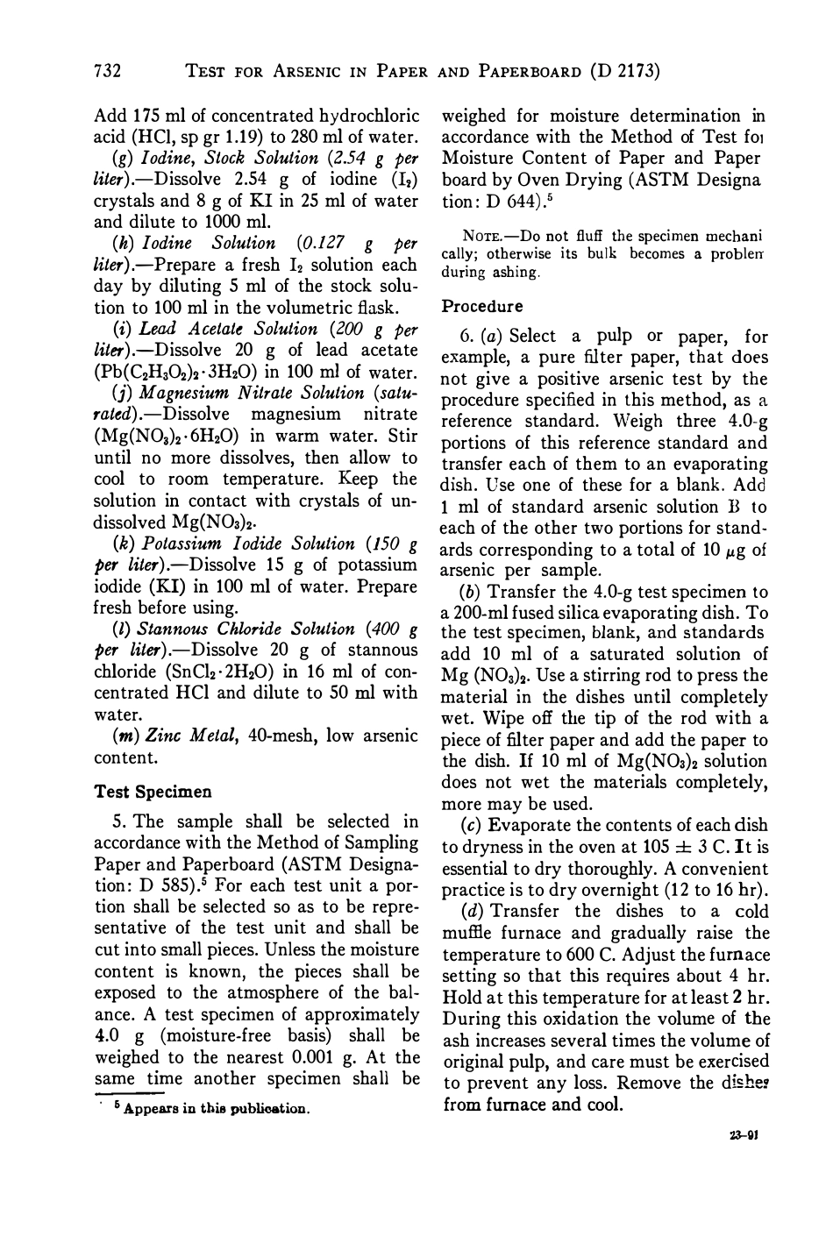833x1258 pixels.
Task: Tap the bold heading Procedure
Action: coord(481,307)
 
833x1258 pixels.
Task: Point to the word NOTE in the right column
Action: coord(462,236)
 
